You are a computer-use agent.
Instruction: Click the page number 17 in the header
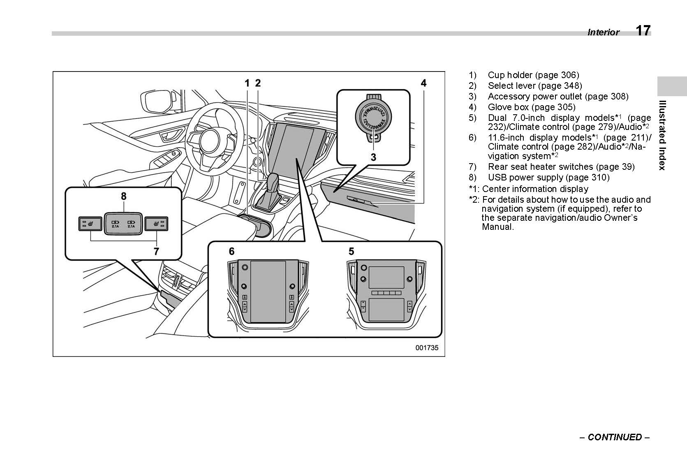point(643,31)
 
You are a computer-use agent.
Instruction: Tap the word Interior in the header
point(603,32)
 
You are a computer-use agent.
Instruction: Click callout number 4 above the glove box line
point(423,83)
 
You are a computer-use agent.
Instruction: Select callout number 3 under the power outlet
point(373,157)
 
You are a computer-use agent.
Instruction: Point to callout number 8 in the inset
point(123,197)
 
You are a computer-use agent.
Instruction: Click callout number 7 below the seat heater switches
point(156,251)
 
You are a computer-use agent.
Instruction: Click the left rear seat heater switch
point(90,224)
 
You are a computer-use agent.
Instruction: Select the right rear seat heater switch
point(157,224)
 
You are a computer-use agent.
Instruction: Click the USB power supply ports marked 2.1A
point(123,224)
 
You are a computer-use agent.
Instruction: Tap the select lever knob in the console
point(273,182)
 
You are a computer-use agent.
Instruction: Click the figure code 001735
point(427,347)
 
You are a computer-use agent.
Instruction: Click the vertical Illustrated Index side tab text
point(662,135)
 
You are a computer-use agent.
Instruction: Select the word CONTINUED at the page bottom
point(615,437)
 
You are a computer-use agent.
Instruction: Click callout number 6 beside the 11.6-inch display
point(231,251)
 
